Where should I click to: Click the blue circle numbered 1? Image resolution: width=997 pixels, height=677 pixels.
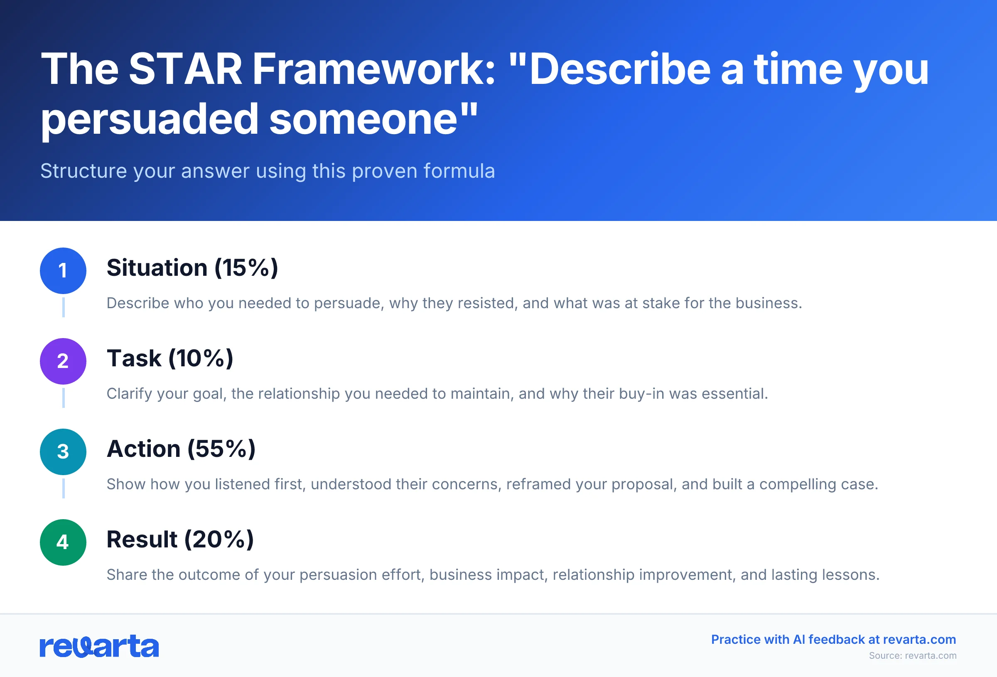click(63, 271)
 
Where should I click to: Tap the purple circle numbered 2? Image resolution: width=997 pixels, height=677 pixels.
click(63, 361)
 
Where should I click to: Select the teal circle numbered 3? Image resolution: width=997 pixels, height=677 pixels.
click(63, 452)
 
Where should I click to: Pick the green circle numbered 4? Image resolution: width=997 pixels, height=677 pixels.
click(63, 542)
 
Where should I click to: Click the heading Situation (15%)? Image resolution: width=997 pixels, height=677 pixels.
click(192, 268)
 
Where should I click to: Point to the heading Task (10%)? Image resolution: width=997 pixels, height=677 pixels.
click(170, 359)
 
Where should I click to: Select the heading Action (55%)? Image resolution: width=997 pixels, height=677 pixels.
click(181, 449)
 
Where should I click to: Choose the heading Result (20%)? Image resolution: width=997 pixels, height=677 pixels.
click(180, 540)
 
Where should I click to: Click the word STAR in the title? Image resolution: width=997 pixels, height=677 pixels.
click(185, 69)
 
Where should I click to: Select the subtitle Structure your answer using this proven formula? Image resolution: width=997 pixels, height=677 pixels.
click(268, 171)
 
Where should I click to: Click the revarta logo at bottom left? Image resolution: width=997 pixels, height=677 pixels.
click(99, 647)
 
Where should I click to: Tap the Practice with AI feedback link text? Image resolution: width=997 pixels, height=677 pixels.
click(833, 640)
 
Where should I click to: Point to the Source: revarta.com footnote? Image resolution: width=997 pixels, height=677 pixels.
click(913, 655)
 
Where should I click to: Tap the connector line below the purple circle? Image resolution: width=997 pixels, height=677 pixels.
click(64, 398)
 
